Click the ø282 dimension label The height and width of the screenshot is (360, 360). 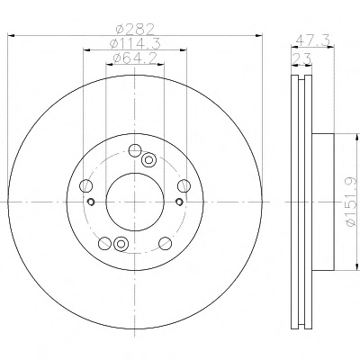pyautogui.click(x=135, y=29)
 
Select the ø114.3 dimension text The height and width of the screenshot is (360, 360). pyautogui.click(x=135, y=44)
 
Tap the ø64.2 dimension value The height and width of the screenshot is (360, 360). pyautogui.click(x=135, y=58)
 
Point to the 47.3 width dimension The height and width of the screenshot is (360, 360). pyautogui.click(x=313, y=40)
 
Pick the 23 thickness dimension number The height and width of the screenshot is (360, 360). pyautogui.click(x=301, y=58)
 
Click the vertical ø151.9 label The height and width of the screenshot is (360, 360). pyautogui.click(x=351, y=202)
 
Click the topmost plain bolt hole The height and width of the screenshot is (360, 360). pyautogui.click(x=135, y=150)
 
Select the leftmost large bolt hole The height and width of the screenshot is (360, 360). pyautogui.click(x=85, y=185)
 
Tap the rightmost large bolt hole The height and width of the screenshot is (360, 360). pyautogui.click(x=184, y=185)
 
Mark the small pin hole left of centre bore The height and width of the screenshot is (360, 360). pyautogui.click(x=91, y=202)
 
